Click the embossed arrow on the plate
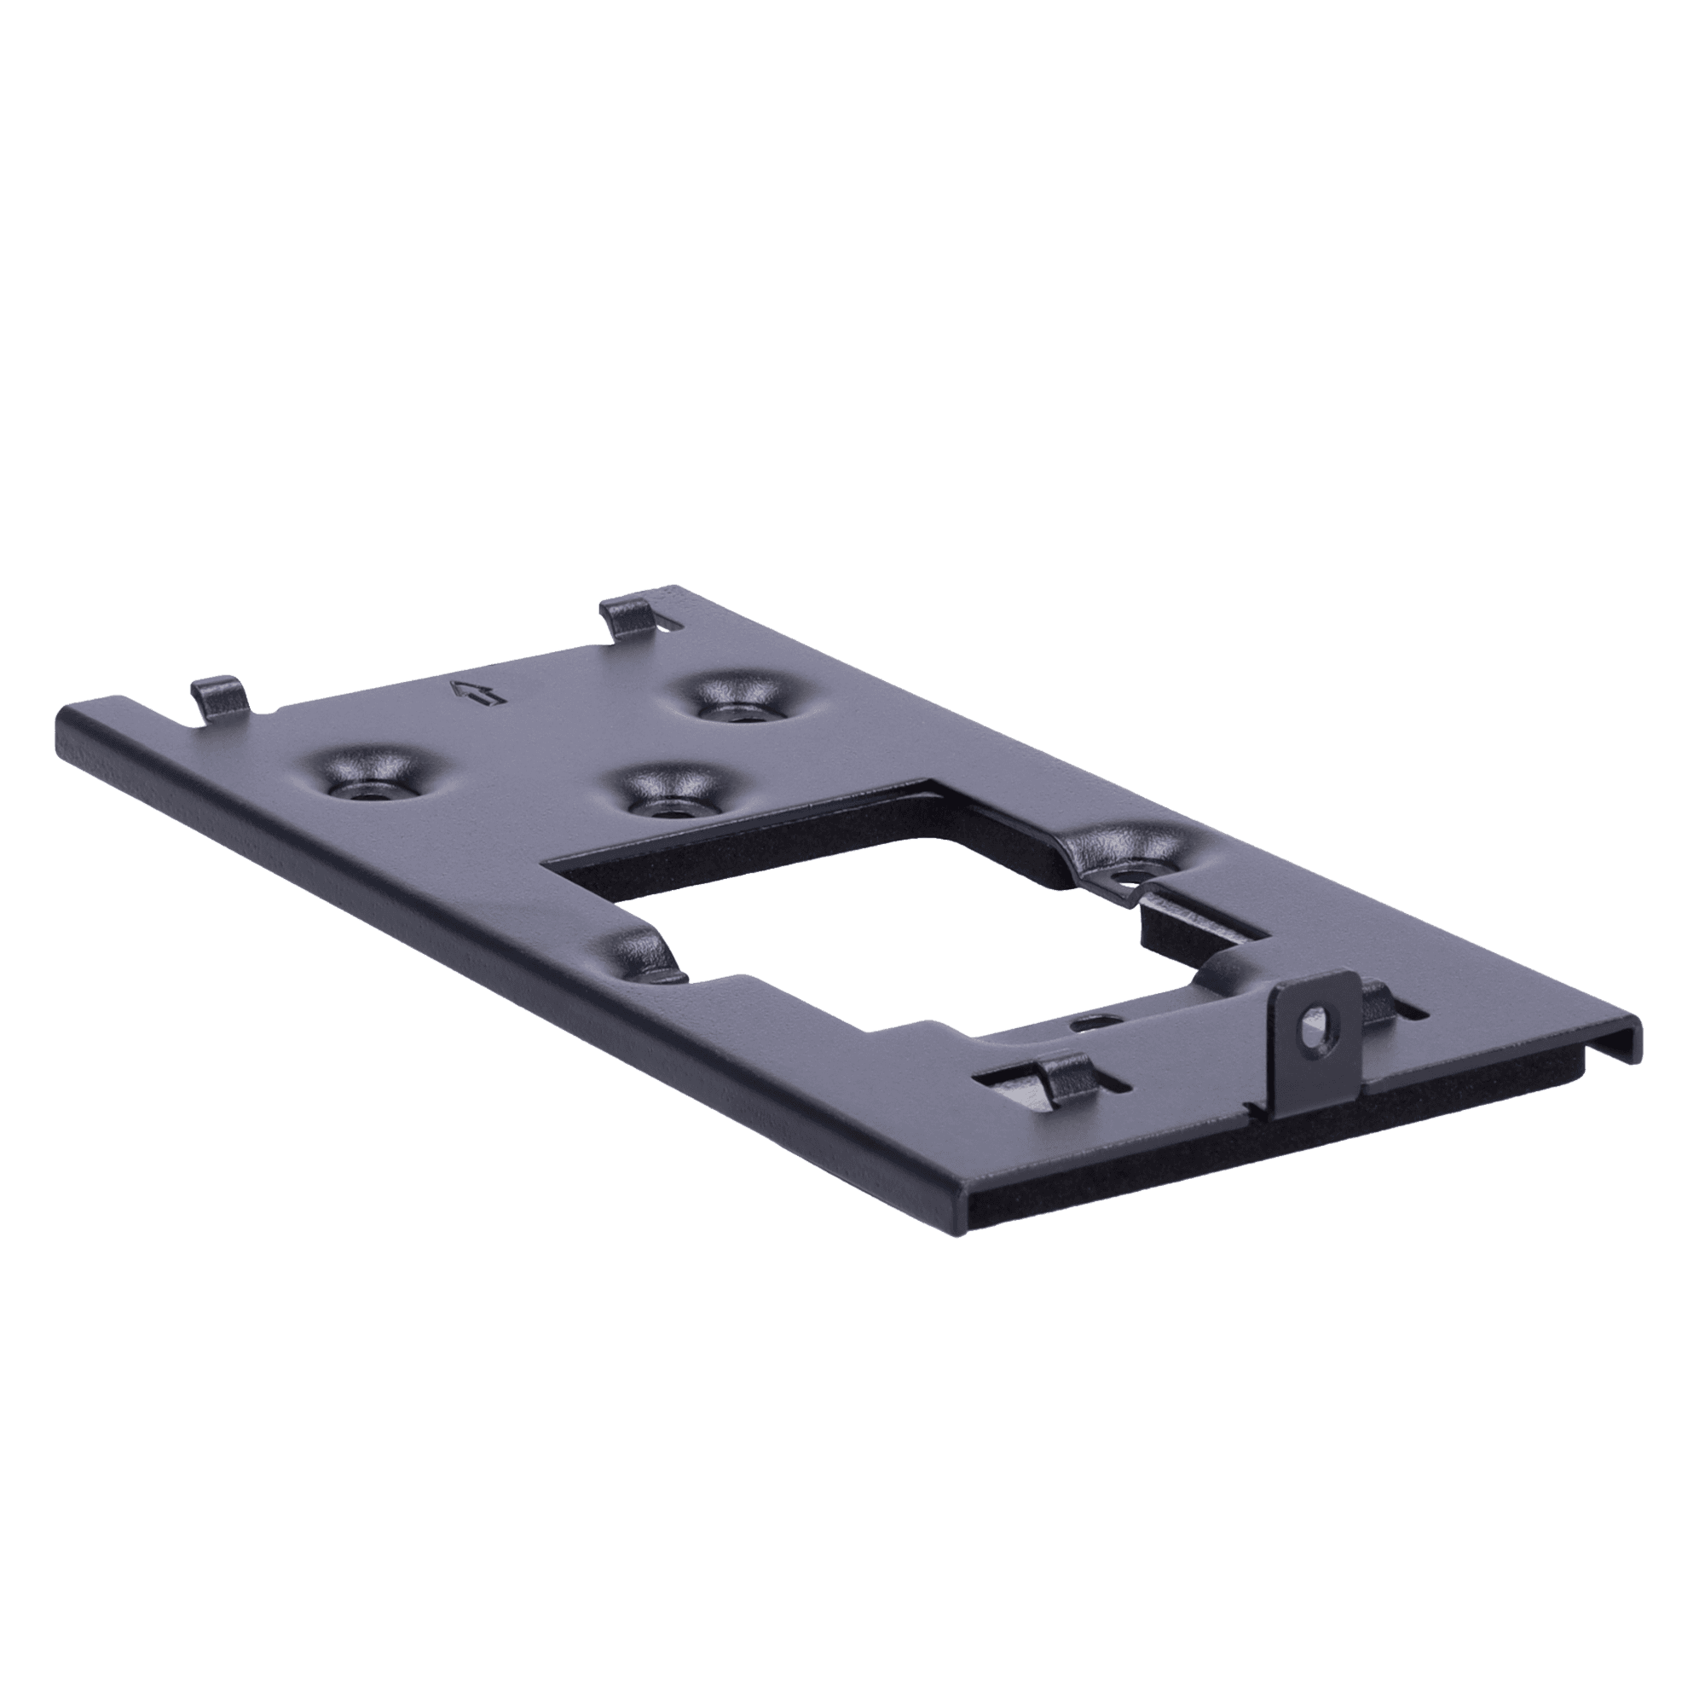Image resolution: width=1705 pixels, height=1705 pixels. (x=477, y=693)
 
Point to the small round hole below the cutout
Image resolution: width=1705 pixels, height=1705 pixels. (x=1092, y=1024)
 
